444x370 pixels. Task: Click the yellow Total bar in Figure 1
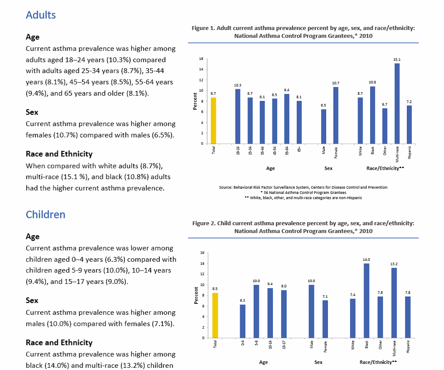pyautogui.click(x=213, y=120)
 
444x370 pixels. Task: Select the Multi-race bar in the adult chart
pyautogui.click(x=397, y=103)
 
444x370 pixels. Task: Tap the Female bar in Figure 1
pyautogui.click(x=336, y=115)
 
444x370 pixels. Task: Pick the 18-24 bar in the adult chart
pyautogui.click(x=238, y=116)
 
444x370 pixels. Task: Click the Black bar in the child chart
pyautogui.click(x=367, y=300)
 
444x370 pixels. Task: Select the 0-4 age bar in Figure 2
pyautogui.click(x=242, y=321)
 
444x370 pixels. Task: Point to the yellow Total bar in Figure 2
pyautogui.click(x=215, y=315)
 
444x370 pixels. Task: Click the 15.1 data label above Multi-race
pyautogui.click(x=397, y=59)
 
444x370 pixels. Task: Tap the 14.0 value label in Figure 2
pyautogui.click(x=367, y=259)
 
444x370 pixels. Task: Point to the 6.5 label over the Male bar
pyautogui.click(x=323, y=105)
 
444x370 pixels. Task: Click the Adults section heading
pyautogui.click(x=41, y=15)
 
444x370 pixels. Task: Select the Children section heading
pyautogui.click(x=46, y=214)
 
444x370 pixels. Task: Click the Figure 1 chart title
pyautogui.click(x=303, y=32)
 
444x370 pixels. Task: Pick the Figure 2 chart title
pyautogui.click(x=303, y=227)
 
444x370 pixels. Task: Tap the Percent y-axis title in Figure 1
pyautogui.click(x=195, y=101)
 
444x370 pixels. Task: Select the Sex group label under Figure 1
pyautogui.click(x=329, y=168)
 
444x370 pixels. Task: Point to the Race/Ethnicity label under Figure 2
pyautogui.click(x=379, y=362)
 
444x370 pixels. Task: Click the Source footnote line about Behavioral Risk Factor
pyautogui.click(x=303, y=187)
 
